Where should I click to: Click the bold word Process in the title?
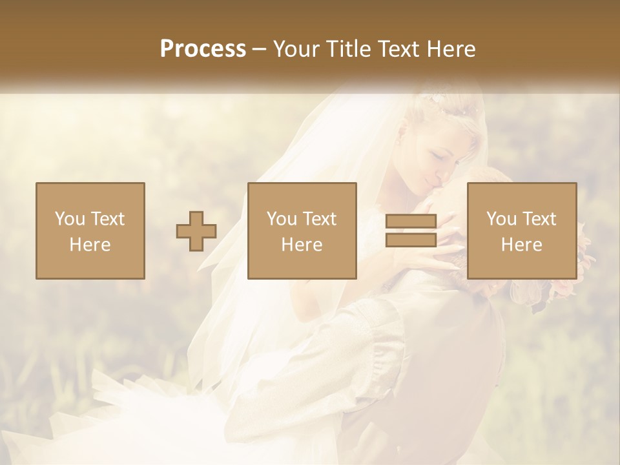tap(203, 49)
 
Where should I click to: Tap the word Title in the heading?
tap(349, 49)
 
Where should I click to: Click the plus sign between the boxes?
tap(196, 231)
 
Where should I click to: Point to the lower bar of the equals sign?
tap(411, 240)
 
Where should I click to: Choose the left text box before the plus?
tap(90, 231)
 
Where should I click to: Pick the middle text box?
tap(302, 231)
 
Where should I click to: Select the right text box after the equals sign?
tap(522, 231)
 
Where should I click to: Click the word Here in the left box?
tap(90, 245)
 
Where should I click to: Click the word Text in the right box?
tap(539, 219)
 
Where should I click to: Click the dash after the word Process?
tap(260, 50)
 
